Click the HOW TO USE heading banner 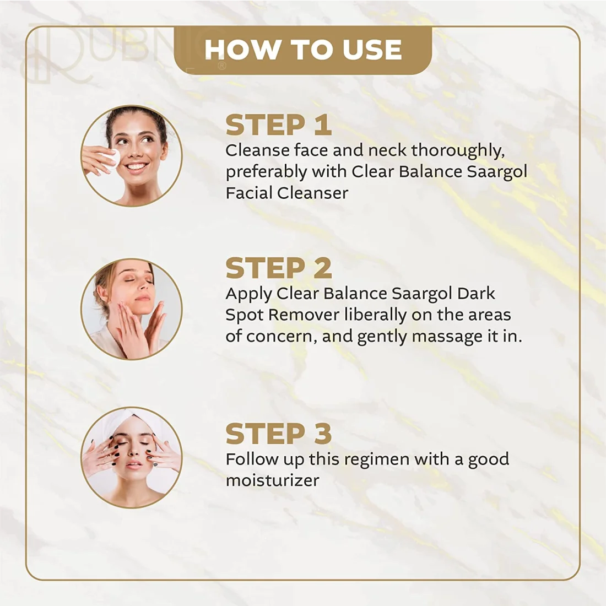303,50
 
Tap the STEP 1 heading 279,125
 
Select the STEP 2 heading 279,268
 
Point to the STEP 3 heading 279,433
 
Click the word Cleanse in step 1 257,150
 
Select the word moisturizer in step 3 273,480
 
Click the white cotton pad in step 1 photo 110,159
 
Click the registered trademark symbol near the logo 222,66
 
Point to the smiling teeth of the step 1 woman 136,167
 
